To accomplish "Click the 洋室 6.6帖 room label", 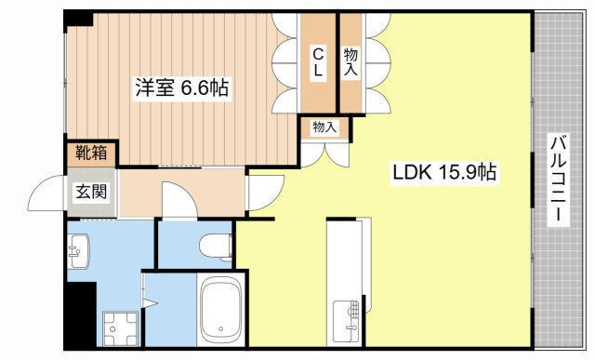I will pyautogui.click(x=180, y=88).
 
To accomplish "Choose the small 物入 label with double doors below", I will pyautogui.click(x=324, y=127).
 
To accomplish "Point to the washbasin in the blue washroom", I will pyautogui.click(x=79, y=249).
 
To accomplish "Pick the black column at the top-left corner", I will pyautogui.click(x=78, y=19).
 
